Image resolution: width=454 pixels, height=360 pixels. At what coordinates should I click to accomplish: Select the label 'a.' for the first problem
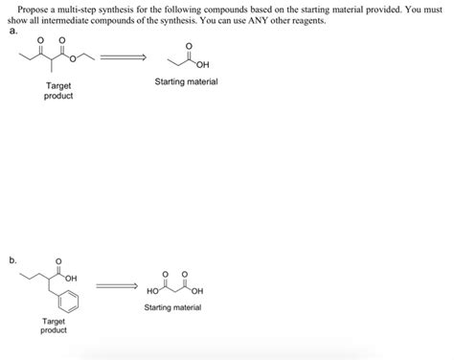[x=13, y=30]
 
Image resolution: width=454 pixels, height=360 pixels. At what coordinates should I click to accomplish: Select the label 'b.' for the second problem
[x=13, y=259]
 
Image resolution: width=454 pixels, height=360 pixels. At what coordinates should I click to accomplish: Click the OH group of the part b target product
[x=72, y=278]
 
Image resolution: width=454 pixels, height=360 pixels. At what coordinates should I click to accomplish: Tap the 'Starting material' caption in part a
[x=186, y=82]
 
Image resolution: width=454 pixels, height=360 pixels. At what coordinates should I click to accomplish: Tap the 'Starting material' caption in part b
[x=172, y=307]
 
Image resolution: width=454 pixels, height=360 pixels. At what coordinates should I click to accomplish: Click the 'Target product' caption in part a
[x=58, y=91]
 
